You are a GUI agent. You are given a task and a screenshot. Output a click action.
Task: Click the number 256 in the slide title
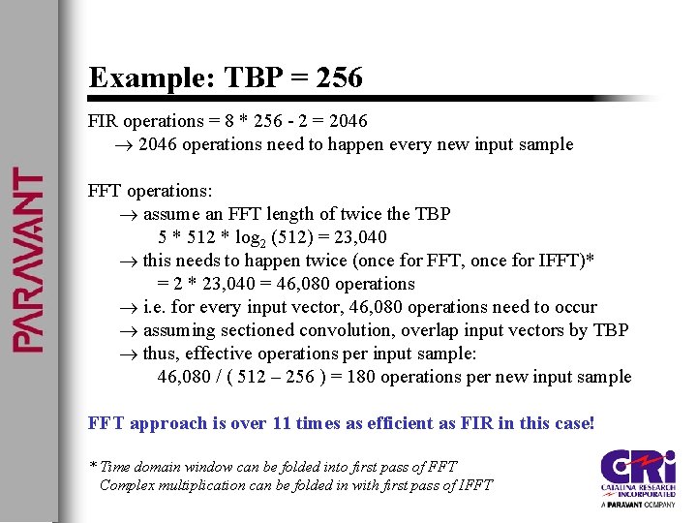tap(339, 77)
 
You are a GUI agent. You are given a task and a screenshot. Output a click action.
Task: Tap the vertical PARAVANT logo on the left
tap(27, 261)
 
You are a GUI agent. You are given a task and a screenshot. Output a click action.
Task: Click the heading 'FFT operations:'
tap(150, 191)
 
